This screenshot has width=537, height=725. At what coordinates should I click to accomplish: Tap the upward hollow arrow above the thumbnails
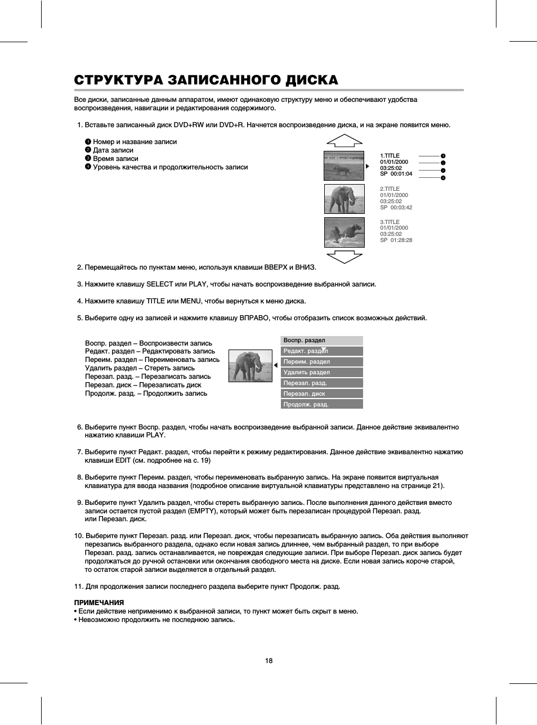[x=344, y=141]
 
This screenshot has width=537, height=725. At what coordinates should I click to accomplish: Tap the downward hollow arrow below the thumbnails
[x=344, y=257]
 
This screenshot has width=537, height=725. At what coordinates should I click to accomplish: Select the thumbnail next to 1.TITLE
[x=344, y=165]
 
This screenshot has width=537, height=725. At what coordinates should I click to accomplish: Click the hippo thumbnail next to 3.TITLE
[x=344, y=232]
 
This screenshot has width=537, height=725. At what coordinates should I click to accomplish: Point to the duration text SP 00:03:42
[x=396, y=208]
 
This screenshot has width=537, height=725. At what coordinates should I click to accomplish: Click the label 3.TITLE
[x=390, y=222]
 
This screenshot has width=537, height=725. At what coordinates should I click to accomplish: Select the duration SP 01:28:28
[x=396, y=240]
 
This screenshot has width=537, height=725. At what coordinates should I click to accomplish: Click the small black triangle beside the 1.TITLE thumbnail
[x=368, y=166]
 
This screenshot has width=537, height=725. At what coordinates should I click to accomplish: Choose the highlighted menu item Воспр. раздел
[x=321, y=341]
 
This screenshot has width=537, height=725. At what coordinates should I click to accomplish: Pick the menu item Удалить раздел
[x=321, y=373]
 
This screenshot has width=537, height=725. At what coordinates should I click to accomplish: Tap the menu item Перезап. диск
[x=321, y=394]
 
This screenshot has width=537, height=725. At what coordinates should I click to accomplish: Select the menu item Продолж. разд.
[x=321, y=405]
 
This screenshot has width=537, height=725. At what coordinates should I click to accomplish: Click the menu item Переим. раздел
[x=321, y=362]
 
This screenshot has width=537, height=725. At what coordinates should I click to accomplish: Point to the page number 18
[x=268, y=661]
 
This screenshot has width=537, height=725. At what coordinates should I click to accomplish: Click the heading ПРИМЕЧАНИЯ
[x=99, y=603]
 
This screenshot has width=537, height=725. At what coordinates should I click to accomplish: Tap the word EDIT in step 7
[x=122, y=460]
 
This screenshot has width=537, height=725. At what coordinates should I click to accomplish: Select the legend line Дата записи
[x=113, y=150]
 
